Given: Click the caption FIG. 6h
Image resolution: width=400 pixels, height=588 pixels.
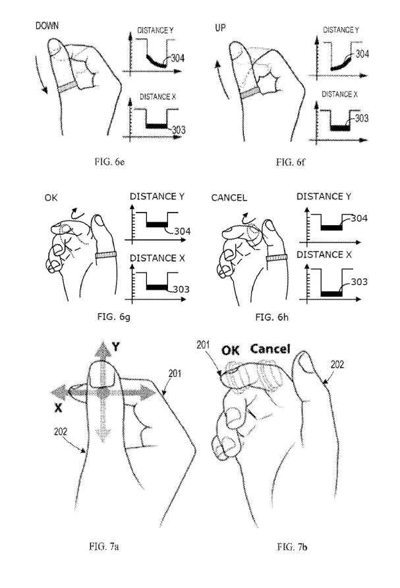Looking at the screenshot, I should (277, 317).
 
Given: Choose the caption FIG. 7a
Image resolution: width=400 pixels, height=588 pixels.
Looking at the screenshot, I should (103, 546).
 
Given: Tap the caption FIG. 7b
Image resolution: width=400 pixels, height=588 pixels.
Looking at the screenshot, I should (294, 546).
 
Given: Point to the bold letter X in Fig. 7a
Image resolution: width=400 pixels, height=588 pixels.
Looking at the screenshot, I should (58, 408).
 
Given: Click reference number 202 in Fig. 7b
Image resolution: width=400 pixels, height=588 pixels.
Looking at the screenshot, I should (336, 364).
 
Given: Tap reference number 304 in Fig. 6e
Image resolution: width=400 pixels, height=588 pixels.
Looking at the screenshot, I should (177, 59).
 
